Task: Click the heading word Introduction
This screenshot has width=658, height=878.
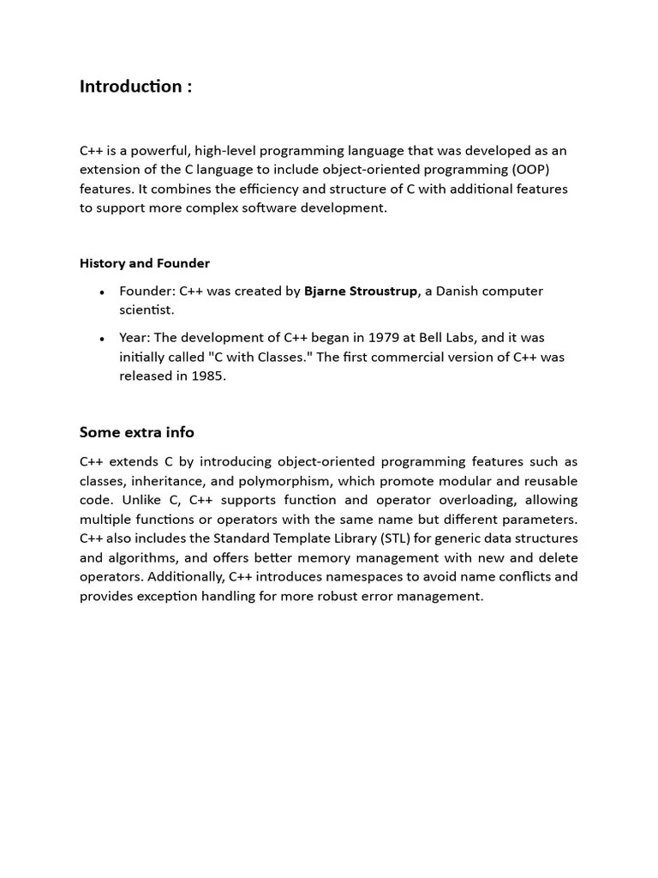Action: coord(130,87)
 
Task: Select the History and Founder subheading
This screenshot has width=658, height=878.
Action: coord(144,263)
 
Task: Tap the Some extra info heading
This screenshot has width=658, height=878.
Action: coord(136,432)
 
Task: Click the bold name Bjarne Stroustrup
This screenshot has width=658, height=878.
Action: coord(361,291)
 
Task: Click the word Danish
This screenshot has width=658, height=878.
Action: coord(460,291)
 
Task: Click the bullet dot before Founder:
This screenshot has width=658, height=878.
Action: coord(102,292)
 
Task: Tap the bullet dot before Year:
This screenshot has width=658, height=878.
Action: coord(102,339)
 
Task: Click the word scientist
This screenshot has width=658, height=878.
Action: coord(147,310)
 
